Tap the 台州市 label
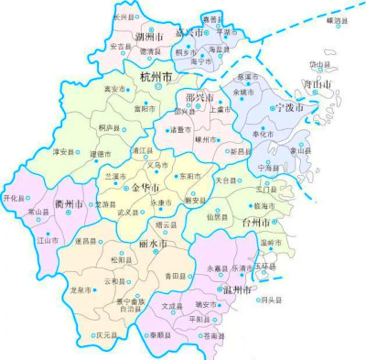(254, 223)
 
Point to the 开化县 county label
(14, 197)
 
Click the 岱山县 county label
(320, 65)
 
